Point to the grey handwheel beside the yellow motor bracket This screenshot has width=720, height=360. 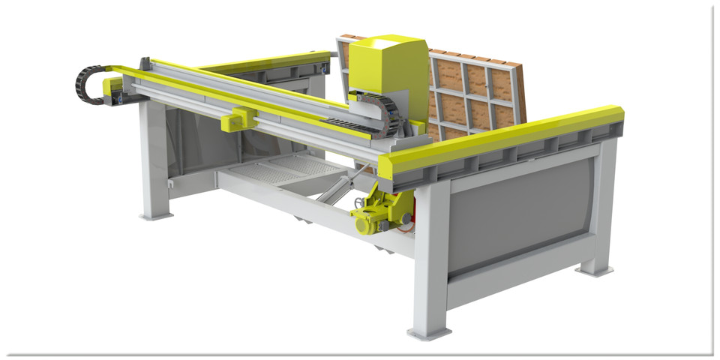pos(360,202)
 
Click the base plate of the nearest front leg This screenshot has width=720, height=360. pos(429,331)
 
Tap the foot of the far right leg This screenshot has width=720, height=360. pos(594,268)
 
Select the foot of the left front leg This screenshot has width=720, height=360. pos(156,216)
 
